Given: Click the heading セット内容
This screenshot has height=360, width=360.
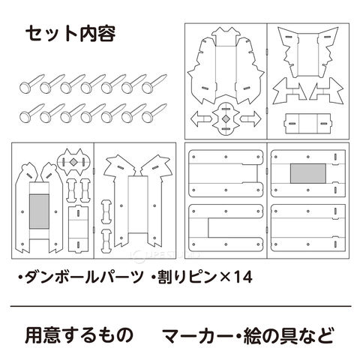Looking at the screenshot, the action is (70, 34).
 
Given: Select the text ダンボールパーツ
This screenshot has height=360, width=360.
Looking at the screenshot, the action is (83, 277).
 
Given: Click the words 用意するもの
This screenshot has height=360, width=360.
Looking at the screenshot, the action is (79, 335).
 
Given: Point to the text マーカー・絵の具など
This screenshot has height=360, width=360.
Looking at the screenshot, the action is (249, 335).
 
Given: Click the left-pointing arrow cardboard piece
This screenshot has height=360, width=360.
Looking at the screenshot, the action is (199, 118).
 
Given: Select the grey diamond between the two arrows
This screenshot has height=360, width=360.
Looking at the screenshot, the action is (226, 118).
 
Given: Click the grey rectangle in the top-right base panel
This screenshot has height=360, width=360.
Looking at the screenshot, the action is (308, 173).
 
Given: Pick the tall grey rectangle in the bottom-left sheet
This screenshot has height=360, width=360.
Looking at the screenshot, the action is (39, 211).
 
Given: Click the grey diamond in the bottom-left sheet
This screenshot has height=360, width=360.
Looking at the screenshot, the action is (73, 162).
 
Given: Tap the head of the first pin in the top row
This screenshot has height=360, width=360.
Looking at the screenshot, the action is (25, 87).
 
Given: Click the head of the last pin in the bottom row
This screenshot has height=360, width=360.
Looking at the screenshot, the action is (148, 117).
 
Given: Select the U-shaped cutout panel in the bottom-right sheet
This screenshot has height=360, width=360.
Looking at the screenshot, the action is (226, 228).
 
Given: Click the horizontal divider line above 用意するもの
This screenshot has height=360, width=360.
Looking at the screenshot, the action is (181, 306).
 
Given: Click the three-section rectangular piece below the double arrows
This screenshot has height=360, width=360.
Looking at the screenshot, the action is (308, 123).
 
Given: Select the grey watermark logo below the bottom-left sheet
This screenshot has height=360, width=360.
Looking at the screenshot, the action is (165, 255).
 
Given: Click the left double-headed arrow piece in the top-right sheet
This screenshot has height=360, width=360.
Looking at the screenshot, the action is (289, 91).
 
